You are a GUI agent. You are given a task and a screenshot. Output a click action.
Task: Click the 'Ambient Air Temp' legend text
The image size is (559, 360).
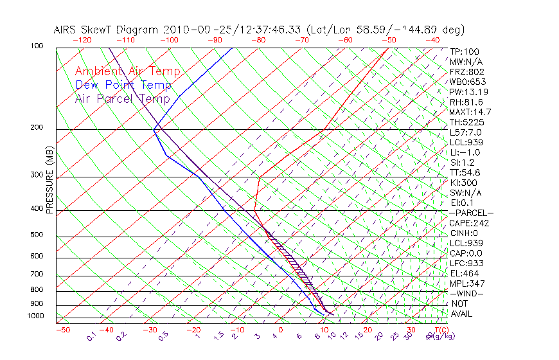[127, 71]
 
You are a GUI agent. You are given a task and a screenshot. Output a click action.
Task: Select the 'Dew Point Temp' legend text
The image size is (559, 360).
[123, 85]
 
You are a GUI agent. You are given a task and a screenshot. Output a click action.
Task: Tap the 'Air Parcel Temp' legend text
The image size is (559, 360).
[122, 98]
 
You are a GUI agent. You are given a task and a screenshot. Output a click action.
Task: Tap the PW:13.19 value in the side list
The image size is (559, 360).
[467, 92]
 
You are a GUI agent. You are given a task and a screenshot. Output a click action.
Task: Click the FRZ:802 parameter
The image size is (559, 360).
[465, 72]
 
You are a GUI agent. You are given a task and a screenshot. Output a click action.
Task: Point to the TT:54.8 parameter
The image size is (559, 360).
[465, 172]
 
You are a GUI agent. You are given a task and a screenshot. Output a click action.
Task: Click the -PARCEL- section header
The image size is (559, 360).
[471, 213]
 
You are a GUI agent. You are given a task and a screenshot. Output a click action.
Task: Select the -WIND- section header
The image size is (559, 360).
[465, 293]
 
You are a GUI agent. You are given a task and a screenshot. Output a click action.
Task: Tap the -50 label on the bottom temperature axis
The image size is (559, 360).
[62, 330]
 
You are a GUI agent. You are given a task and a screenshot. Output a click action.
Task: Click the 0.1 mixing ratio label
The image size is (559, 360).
[91, 336]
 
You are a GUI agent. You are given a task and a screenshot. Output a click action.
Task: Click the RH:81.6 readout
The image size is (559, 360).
[465, 102]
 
